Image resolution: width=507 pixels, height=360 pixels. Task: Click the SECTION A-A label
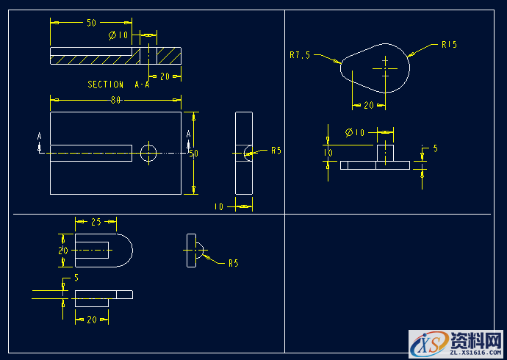tap(118, 84)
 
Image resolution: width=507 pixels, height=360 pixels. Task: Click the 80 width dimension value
tap(116, 100)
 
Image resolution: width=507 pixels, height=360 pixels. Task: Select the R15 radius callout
tap(449, 45)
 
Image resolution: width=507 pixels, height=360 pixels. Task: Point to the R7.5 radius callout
tap(301, 54)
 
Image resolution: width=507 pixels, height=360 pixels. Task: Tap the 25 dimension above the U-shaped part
tap(96, 221)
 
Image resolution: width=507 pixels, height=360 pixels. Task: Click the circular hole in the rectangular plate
tap(148, 153)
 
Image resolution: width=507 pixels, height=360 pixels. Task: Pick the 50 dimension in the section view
tap(91, 23)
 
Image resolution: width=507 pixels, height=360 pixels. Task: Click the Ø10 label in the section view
tap(118, 35)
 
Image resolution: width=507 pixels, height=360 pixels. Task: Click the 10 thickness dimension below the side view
tap(218, 207)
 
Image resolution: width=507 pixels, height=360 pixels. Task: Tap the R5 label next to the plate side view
tap(276, 151)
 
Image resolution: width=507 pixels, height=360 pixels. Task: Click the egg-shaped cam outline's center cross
tap(384, 68)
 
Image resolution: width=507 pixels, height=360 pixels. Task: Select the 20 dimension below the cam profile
tap(368, 105)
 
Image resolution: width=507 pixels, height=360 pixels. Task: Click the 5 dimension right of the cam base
tap(435, 148)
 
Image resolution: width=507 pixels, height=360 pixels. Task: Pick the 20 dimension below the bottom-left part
tap(91, 319)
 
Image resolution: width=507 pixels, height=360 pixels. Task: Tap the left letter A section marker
tap(40, 136)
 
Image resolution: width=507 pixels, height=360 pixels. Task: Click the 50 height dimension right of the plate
tap(194, 154)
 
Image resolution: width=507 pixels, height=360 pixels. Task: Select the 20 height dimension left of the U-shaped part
tap(62, 251)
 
